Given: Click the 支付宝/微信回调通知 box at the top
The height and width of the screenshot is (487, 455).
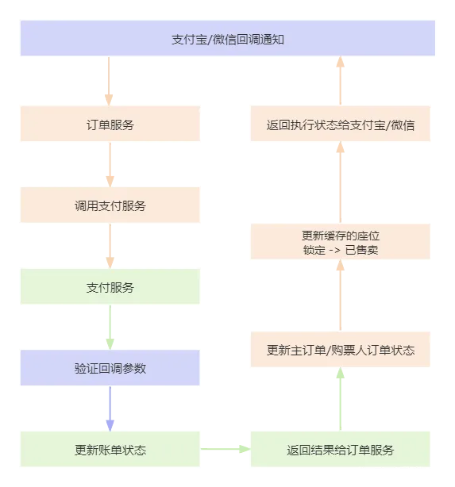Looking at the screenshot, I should coord(228,39).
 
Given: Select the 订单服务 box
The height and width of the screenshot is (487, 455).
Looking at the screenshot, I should coord(110,125).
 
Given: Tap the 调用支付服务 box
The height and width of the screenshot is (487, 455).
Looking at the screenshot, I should coord(110,205).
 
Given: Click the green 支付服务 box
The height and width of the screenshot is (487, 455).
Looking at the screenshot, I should coord(110,287).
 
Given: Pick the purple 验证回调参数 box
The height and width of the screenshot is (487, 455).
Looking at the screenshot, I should coord(110,368).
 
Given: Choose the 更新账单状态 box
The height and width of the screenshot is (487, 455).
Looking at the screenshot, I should coord(110,450).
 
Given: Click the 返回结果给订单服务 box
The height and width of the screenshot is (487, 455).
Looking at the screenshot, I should coord(340,450).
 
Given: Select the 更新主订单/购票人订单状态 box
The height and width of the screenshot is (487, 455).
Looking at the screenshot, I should coord(340,350).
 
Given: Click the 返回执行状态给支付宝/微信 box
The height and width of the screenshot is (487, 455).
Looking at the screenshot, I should coord(340,125).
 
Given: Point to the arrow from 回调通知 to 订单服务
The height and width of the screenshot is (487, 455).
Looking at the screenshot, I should coord(110,81).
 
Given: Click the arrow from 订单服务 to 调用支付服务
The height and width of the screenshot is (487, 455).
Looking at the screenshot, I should coord(110,165).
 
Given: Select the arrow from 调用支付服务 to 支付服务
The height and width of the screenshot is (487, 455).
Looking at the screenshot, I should coord(110,246).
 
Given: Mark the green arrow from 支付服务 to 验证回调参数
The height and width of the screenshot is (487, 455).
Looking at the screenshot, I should coord(110,328).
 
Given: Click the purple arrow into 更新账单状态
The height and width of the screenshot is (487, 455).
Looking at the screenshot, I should coord(110,409).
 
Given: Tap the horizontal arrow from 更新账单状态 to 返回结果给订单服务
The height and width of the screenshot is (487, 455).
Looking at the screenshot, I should coord(226,450).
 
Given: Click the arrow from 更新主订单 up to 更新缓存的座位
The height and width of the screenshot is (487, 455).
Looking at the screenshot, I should coord(340,298).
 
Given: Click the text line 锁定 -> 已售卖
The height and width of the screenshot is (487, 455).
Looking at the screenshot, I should coord(340,251).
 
